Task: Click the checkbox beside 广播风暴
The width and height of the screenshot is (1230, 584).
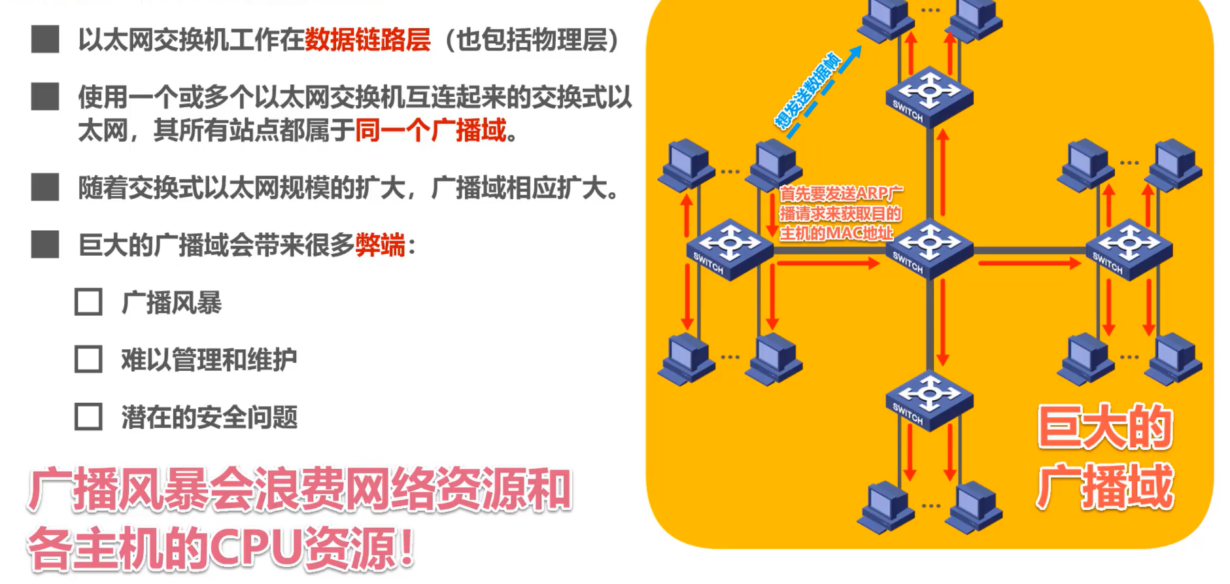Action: pyautogui.click(x=88, y=303)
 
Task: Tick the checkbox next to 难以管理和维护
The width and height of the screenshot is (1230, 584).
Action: pyautogui.click(x=88, y=360)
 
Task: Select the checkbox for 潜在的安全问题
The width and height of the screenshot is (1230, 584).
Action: pyautogui.click(x=88, y=417)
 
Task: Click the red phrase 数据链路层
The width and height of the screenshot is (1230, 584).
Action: pyautogui.click(x=367, y=40)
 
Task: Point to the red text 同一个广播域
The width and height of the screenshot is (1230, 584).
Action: pyautogui.click(x=431, y=130)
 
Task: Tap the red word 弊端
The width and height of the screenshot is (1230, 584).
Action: pyautogui.click(x=380, y=245)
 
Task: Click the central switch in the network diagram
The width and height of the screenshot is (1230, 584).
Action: pyautogui.click(x=929, y=249)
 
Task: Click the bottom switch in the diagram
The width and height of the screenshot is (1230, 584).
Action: pyautogui.click(x=929, y=400)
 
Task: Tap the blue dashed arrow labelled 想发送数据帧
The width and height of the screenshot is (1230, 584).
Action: pyautogui.click(x=823, y=92)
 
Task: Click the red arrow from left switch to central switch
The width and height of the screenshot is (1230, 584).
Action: pyautogui.click(x=828, y=263)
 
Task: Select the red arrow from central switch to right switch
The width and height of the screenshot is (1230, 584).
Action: pyautogui.click(x=1029, y=263)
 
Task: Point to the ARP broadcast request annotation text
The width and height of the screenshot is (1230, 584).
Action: pyautogui.click(x=840, y=213)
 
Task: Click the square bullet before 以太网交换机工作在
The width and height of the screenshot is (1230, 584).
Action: pyautogui.click(x=45, y=39)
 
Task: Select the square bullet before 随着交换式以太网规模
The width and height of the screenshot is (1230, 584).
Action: pyautogui.click(x=45, y=187)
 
